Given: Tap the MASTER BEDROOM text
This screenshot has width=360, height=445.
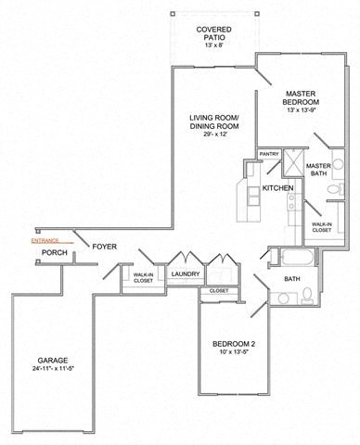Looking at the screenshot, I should [302, 97].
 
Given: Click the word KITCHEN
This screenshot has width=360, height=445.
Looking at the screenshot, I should [277, 188].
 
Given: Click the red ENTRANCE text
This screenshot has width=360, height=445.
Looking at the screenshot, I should [45, 239].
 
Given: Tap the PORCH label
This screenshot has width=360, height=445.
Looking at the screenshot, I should [54, 251].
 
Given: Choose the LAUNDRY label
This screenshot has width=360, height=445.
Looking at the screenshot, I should [185, 274].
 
